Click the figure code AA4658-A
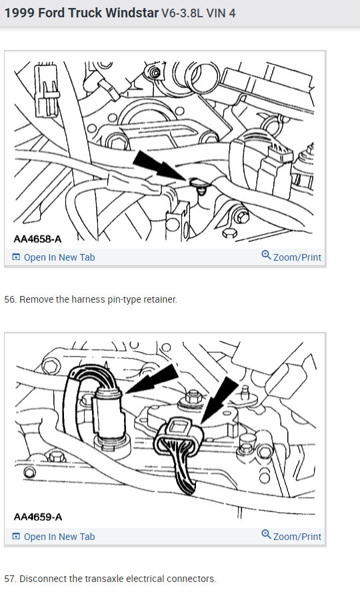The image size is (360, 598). [37, 238]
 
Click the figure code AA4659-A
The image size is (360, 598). [37, 517]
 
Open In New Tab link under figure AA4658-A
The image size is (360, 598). [59, 257]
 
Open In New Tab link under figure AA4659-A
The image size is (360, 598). [59, 537]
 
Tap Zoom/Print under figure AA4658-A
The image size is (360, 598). [297, 257]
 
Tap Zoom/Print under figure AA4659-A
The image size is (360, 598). [297, 537]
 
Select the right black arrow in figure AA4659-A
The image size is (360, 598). [220, 398]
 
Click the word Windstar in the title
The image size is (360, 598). [131, 13]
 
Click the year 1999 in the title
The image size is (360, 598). [17, 13]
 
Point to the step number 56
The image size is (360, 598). [10, 299]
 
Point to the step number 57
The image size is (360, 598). [10, 579]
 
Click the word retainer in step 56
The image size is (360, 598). [159, 299]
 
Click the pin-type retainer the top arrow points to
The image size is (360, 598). [197, 183]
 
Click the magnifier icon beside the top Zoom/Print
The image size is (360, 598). [266, 256]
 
